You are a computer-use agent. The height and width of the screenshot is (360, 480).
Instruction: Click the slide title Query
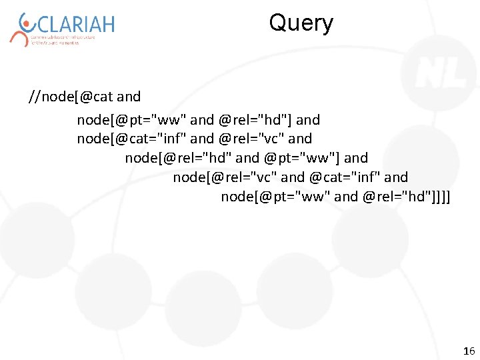tap(301, 24)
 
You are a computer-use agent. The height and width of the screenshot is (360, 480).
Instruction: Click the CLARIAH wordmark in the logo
tap(75, 25)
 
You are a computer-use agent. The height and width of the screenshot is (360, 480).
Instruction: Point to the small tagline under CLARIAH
tap(63, 39)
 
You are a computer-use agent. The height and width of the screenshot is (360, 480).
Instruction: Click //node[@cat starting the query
tap(71, 97)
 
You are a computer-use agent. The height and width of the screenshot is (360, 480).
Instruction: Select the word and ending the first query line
tap(129, 97)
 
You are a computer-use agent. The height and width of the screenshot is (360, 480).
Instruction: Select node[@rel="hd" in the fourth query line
tap(178, 158)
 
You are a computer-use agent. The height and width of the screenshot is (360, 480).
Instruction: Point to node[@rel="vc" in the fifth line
tap(225, 177)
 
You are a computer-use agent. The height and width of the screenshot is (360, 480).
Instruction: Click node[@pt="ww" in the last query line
tap(275, 196)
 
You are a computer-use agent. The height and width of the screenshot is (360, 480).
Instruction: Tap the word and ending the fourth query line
tap(356, 158)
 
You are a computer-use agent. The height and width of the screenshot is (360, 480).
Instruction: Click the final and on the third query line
tap(300, 139)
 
